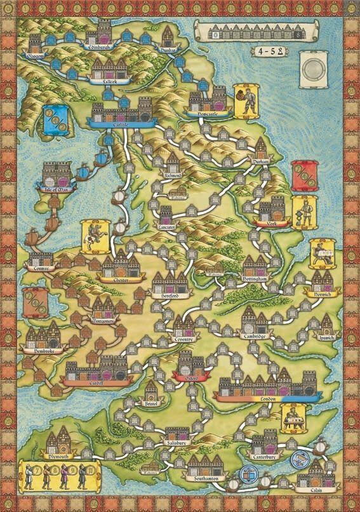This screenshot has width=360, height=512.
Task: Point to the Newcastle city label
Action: point(207,113)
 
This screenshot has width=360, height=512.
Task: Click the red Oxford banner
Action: point(191,378)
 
